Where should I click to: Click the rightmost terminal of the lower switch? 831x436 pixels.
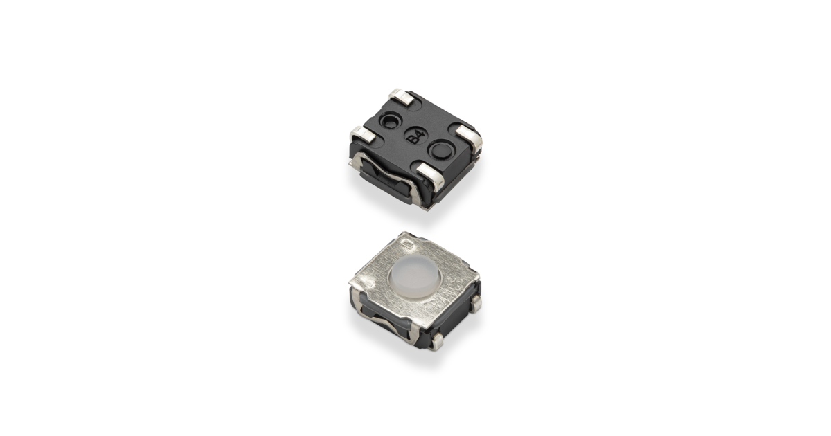[x=476, y=302]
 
